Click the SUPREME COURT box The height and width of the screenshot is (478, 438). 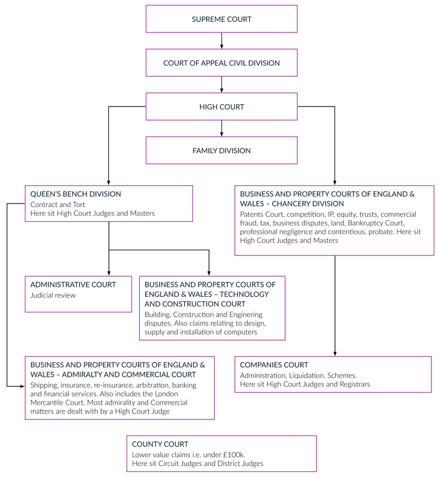(x=221, y=20)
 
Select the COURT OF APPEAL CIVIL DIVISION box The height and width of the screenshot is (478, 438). (x=221, y=63)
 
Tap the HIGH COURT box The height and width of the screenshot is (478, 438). (x=221, y=107)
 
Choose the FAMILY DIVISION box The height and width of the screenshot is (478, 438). (x=221, y=151)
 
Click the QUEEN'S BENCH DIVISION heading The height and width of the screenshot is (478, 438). (x=75, y=194)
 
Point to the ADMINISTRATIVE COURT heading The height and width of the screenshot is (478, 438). (x=73, y=285)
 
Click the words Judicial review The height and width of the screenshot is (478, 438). (x=53, y=296)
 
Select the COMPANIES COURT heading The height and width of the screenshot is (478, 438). (x=274, y=365)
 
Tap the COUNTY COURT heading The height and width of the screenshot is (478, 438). (x=160, y=444)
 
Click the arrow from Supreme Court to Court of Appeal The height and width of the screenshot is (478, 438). (x=221, y=41)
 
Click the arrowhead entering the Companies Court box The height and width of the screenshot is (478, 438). (x=335, y=353)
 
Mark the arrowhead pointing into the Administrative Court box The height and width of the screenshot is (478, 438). (x=109, y=272)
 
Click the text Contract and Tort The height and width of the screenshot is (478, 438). (x=58, y=205)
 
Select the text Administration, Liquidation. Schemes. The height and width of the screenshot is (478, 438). (x=298, y=376)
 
